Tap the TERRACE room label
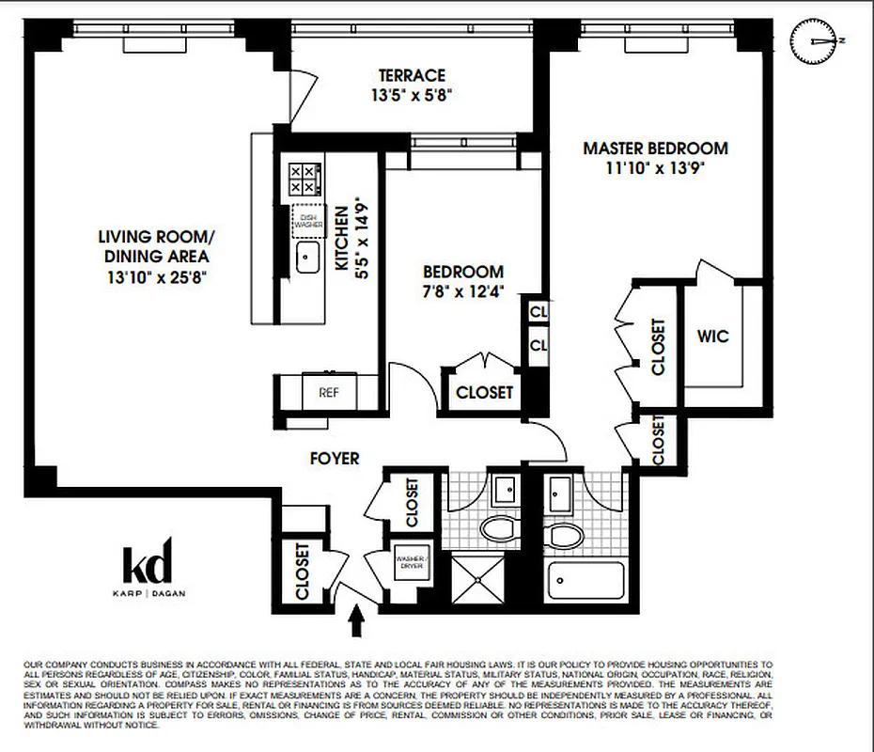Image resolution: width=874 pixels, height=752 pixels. (x=412, y=75)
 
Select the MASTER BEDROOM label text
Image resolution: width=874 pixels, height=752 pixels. (x=655, y=148)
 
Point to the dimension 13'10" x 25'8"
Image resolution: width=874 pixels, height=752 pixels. (x=156, y=277)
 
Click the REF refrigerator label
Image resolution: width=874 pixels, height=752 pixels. (x=328, y=392)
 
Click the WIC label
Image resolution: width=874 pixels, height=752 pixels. (x=713, y=336)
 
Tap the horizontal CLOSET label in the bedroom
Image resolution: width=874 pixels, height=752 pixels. (x=484, y=392)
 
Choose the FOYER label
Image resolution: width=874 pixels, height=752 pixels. (x=336, y=459)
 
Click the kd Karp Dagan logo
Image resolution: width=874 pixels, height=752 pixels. (x=148, y=568)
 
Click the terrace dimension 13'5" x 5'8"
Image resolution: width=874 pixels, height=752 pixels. (x=412, y=95)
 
